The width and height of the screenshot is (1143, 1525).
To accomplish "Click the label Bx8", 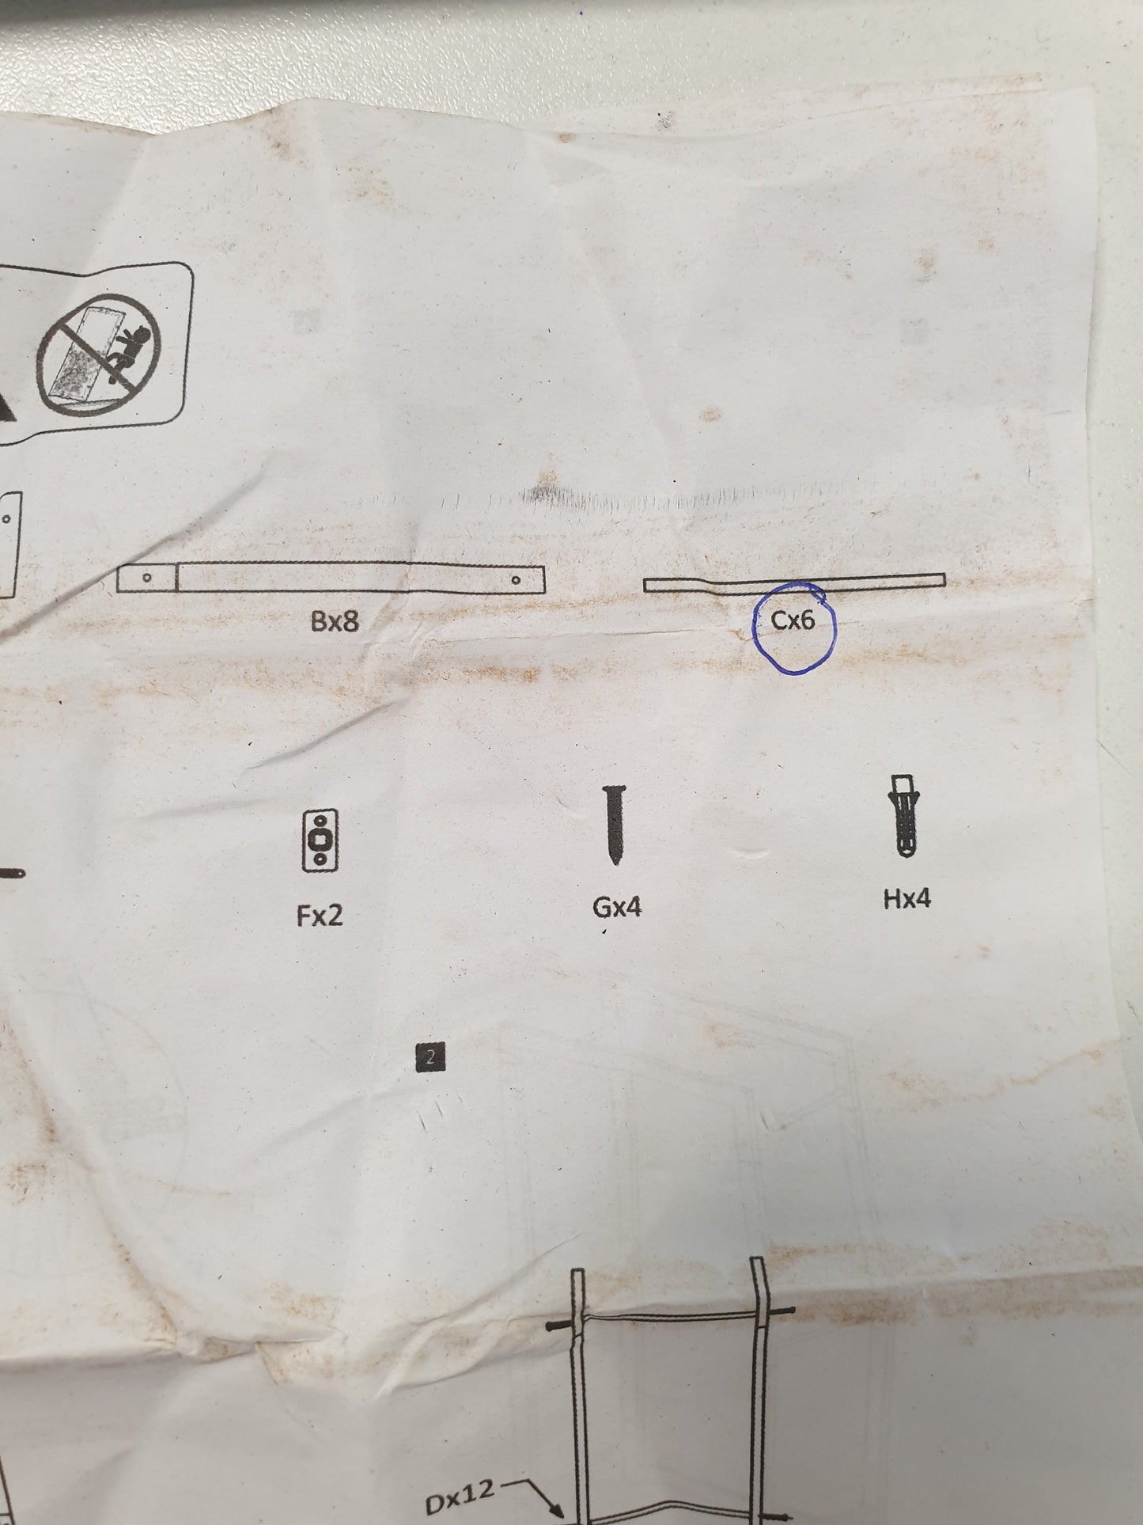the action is (335, 621).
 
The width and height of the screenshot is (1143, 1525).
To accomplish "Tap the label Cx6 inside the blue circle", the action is (793, 620).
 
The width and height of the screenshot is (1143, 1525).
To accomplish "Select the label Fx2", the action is (320, 916).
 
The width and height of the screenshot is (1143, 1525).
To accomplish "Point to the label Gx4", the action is (617, 907).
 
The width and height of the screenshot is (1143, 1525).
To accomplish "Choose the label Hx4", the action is (907, 898).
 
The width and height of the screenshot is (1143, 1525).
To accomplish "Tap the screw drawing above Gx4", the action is (615, 824).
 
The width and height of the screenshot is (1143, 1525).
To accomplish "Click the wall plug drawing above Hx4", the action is (906, 816).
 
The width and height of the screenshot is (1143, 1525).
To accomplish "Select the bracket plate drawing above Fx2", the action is (320, 840).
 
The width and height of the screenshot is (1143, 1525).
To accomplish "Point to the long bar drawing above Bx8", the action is (331, 579).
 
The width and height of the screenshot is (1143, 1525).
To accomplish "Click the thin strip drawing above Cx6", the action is (793, 584).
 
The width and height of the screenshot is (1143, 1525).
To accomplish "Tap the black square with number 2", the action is (430, 1056).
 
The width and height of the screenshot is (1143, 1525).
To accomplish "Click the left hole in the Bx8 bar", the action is (147, 578).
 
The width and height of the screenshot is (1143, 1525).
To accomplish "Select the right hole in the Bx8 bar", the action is (516, 579).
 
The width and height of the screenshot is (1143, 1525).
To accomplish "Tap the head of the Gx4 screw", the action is (615, 789).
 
